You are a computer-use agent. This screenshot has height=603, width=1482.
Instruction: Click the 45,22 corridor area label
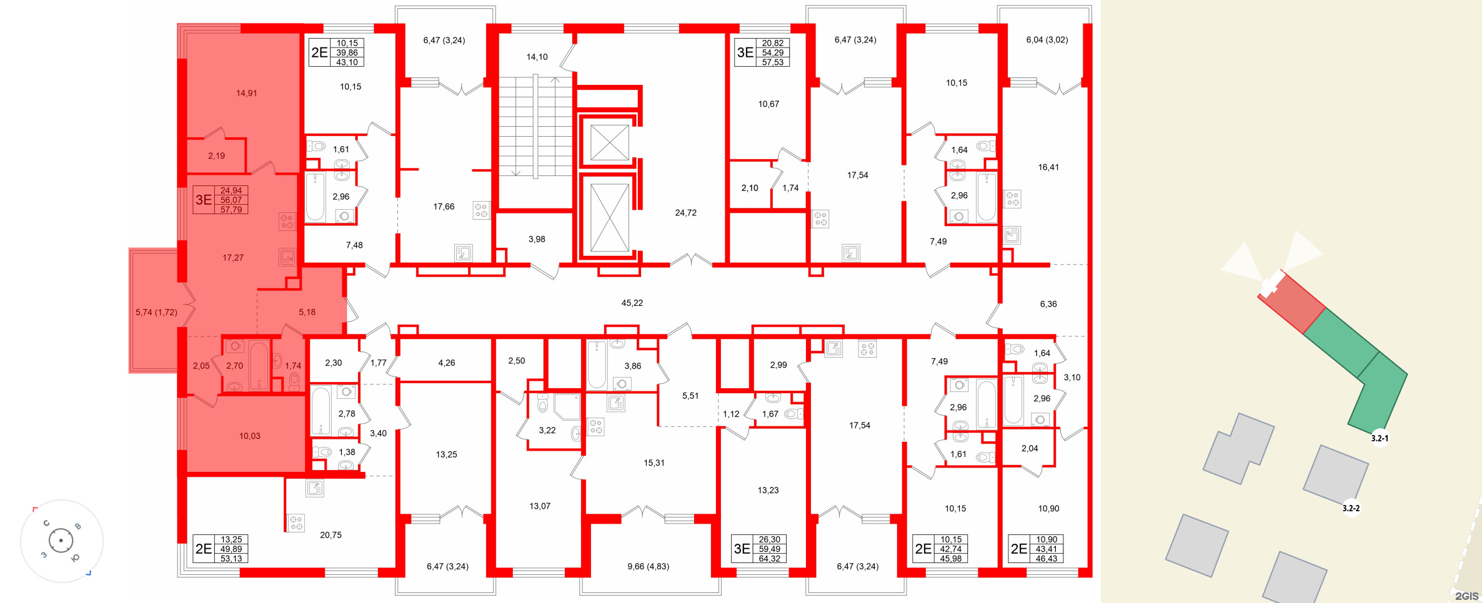click(632, 303)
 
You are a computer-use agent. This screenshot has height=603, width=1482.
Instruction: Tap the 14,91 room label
click(246, 93)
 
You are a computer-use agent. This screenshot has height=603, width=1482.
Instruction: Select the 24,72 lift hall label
click(685, 213)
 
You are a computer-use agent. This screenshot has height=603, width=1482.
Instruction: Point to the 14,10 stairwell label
click(537, 57)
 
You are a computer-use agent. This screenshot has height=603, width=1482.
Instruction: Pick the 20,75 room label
click(331, 535)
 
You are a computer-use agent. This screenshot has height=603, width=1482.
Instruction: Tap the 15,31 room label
click(654, 463)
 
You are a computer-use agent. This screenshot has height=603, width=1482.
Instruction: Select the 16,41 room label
click(1048, 167)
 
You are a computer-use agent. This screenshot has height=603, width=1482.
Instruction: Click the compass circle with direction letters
click(61, 541)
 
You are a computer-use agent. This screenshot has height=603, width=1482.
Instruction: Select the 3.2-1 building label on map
click(1380, 438)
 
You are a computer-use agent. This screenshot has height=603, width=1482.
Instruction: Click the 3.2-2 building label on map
click(1351, 508)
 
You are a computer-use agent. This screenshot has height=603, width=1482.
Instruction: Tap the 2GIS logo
click(1466, 596)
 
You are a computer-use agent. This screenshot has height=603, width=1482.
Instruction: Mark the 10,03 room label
click(249, 436)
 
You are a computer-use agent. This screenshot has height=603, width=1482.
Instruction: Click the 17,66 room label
click(444, 207)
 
